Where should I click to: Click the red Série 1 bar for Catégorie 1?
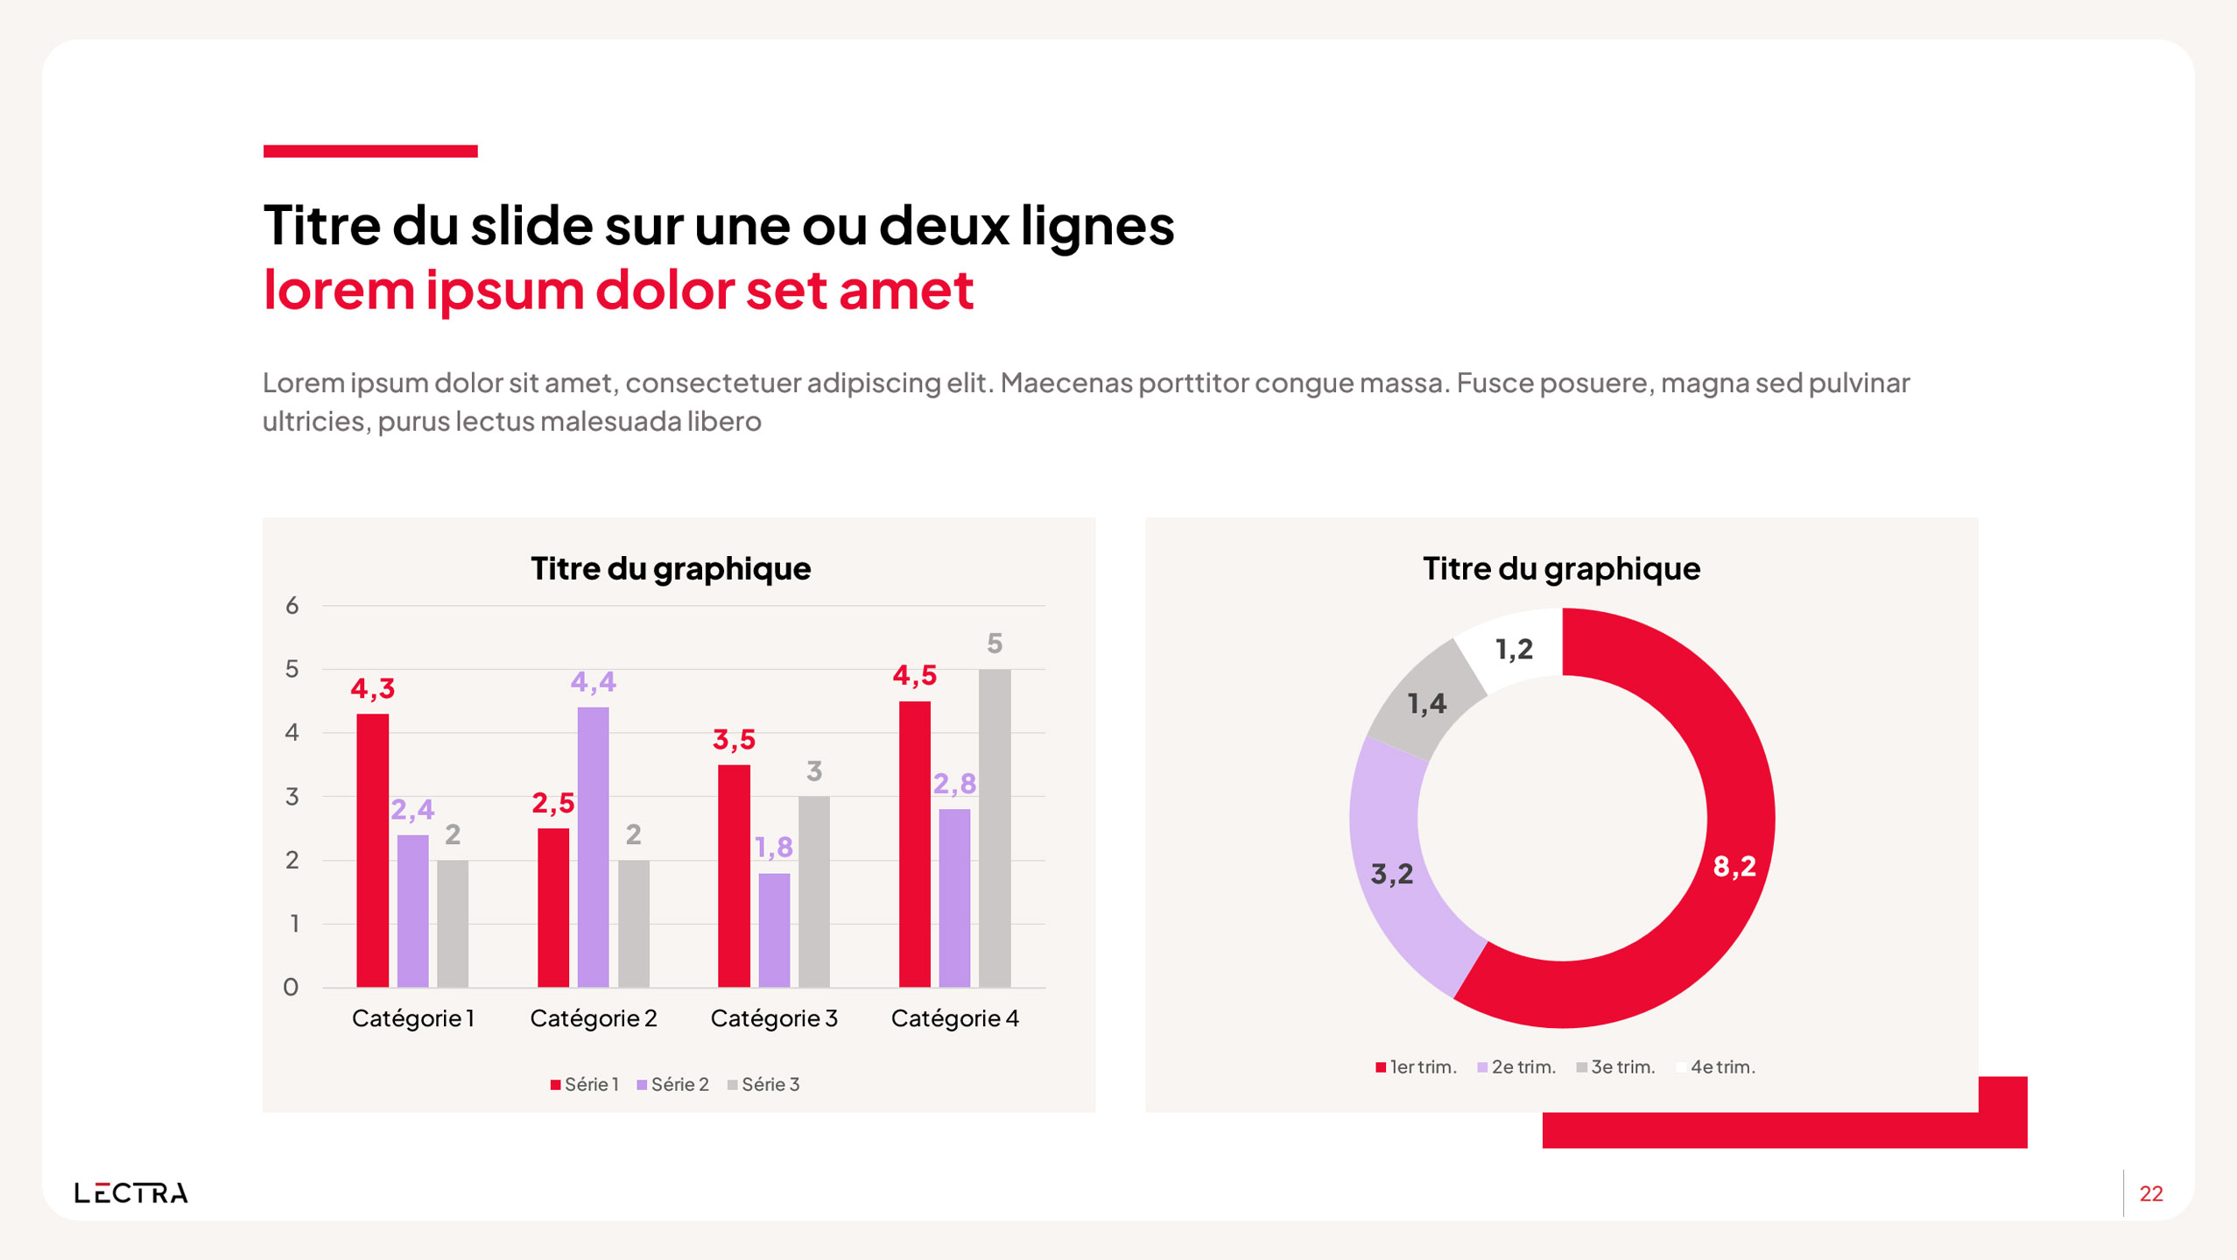coord(372,849)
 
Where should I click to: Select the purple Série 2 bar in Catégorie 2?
coord(593,846)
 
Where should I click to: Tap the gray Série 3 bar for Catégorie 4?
coord(994,827)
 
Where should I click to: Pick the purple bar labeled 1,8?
coord(774,929)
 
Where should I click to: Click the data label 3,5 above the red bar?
coord(734,740)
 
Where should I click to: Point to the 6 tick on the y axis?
coord(292,605)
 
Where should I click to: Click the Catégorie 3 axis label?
coord(774,1018)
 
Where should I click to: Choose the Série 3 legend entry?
coord(763,1085)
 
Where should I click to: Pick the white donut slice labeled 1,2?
coord(1514,649)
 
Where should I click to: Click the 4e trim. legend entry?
coord(1715,1067)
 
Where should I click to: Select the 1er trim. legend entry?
coord(1416,1067)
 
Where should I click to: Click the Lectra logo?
coord(131,1193)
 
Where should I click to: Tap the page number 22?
coord(2151,1193)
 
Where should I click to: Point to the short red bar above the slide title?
coord(370,151)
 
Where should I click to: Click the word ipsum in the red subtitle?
coord(504,290)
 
